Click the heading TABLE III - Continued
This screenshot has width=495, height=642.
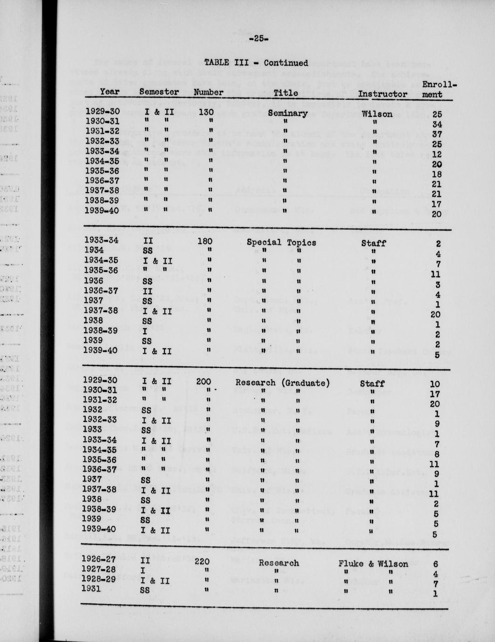click(256, 63)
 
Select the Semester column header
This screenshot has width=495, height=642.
click(159, 92)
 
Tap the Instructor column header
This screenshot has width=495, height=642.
click(382, 94)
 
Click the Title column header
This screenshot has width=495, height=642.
click(285, 93)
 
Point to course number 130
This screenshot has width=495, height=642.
click(205, 112)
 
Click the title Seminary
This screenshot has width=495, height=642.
click(287, 113)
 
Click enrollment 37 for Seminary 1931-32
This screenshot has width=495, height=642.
click(436, 134)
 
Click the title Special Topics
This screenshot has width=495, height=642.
click(281, 242)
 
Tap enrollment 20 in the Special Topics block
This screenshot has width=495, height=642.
click(436, 314)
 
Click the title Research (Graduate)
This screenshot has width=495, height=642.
click(282, 383)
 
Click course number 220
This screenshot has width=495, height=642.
click(202, 561)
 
